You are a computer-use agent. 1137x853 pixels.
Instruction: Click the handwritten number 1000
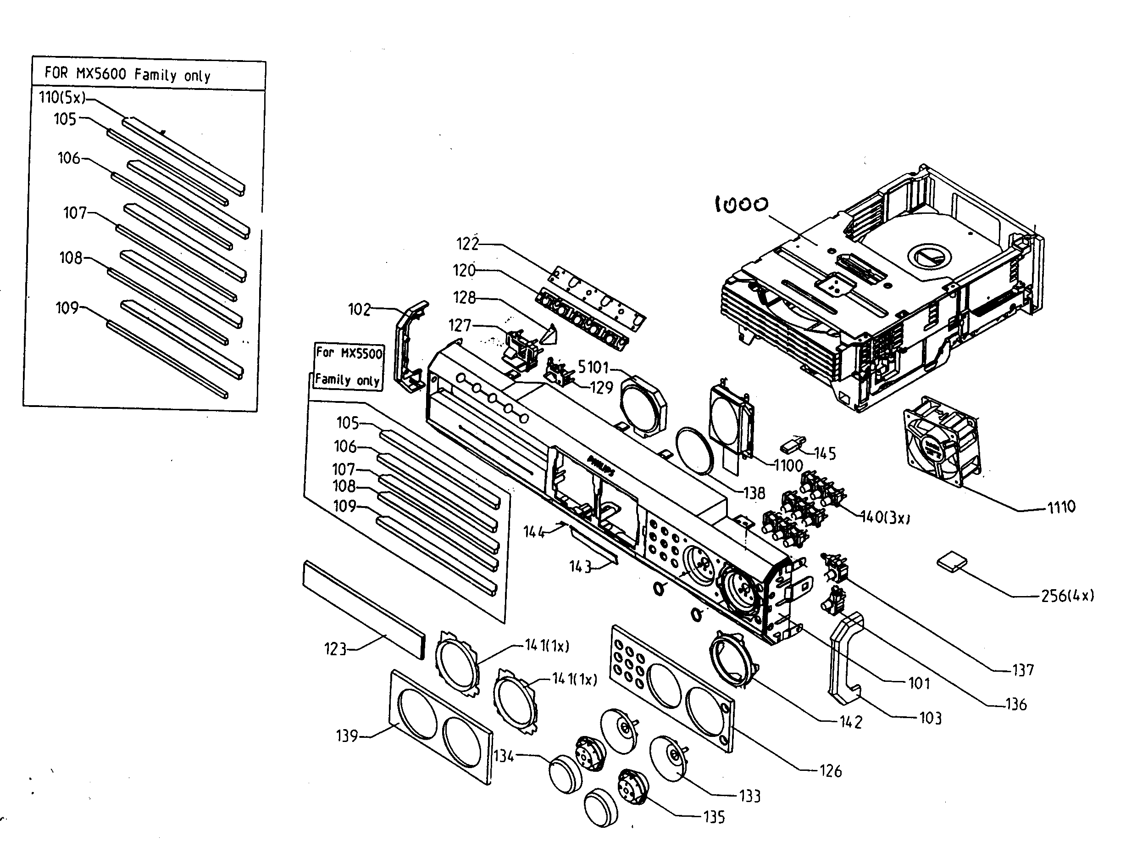[x=741, y=205]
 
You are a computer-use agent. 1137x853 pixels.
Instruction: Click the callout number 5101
[x=593, y=367]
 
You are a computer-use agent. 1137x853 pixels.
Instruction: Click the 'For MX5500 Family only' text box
[x=349, y=366]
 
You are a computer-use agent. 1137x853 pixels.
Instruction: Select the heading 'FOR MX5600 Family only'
[x=128, y=74]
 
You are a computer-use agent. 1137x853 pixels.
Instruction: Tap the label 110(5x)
[x=63, y=98]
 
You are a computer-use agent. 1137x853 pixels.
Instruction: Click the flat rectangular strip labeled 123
[x=364, y=609]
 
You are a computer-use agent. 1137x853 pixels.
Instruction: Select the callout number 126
[x=831, y=771]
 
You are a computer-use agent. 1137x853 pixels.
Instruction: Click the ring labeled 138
[x=694, y=451]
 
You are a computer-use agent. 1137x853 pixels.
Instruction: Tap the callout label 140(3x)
[x=885, y=517]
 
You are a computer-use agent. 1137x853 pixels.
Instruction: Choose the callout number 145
[x=825, y=453]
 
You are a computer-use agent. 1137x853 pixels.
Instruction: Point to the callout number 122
[x=467, y=244]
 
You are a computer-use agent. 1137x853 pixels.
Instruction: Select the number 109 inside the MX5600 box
[x=67, y=308]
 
